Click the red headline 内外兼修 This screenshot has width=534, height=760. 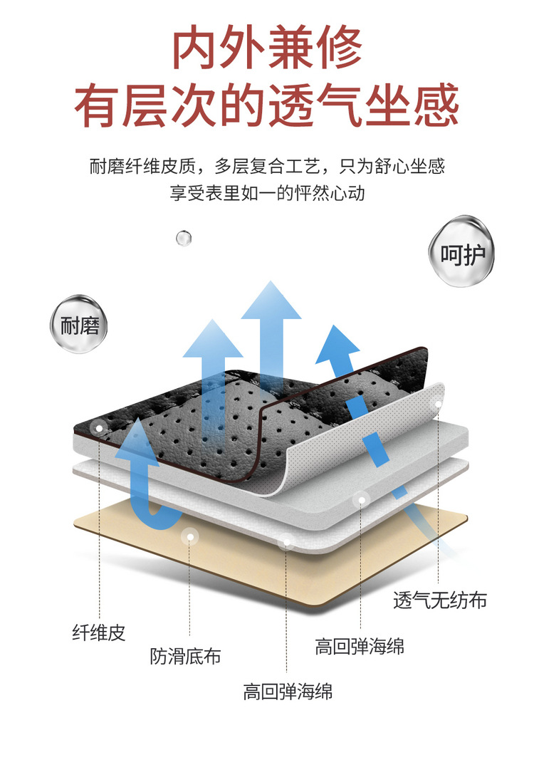268,48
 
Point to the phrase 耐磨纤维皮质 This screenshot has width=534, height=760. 140,167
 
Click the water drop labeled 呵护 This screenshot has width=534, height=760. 462,254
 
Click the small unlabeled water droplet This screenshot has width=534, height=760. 184,237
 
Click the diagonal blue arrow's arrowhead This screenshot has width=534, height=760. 335,343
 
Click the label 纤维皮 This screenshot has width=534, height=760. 99,632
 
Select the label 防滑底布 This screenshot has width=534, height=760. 185,655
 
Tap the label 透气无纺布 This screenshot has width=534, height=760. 440,600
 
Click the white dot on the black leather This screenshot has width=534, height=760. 99,429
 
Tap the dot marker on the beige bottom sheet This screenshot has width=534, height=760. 189,537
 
